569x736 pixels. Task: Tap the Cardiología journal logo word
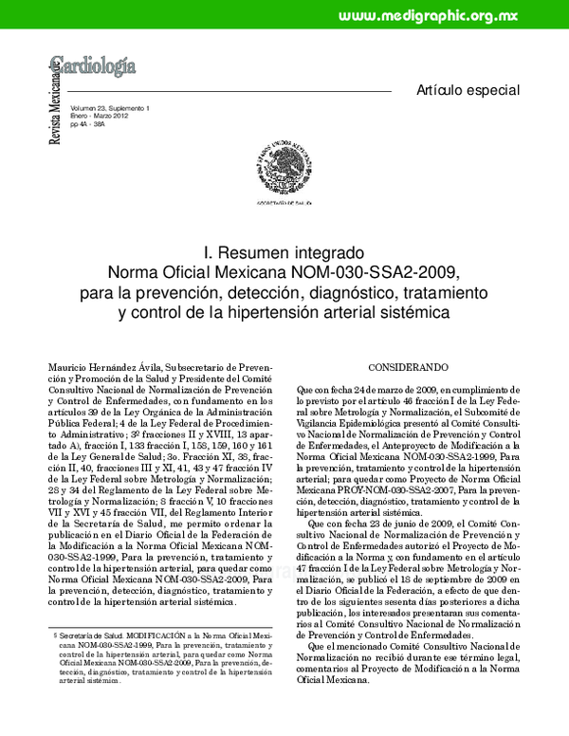94,66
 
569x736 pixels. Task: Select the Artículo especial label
468,90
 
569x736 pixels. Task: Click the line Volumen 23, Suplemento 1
110,110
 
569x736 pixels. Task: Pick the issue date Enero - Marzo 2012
101,118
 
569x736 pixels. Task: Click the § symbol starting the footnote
55,630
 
